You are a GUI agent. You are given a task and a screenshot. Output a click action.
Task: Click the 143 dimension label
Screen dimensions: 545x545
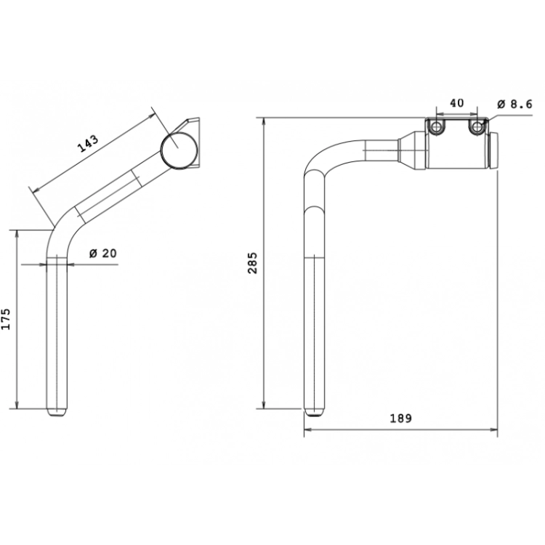pos(88,144)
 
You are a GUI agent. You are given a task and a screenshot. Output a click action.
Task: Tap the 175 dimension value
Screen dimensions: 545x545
pos(6,319)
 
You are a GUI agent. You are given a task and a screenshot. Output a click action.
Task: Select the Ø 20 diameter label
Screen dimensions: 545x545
pos(103,254)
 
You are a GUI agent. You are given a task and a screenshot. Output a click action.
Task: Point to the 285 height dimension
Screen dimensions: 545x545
pos(253,263)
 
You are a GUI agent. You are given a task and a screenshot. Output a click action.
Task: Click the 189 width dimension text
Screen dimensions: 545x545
pos(400,418)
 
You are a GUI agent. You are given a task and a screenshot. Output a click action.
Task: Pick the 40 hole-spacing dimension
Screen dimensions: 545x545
pos(457,103)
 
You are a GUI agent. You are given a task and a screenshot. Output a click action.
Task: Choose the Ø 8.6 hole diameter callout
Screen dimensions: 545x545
pos(514,104)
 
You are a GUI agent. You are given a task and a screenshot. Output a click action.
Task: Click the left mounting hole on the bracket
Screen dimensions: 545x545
pos(436,128)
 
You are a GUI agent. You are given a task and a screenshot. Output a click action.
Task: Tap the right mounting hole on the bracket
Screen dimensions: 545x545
pos(476,128)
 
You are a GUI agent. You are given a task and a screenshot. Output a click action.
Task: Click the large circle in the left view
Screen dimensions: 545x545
pos(179,150)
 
